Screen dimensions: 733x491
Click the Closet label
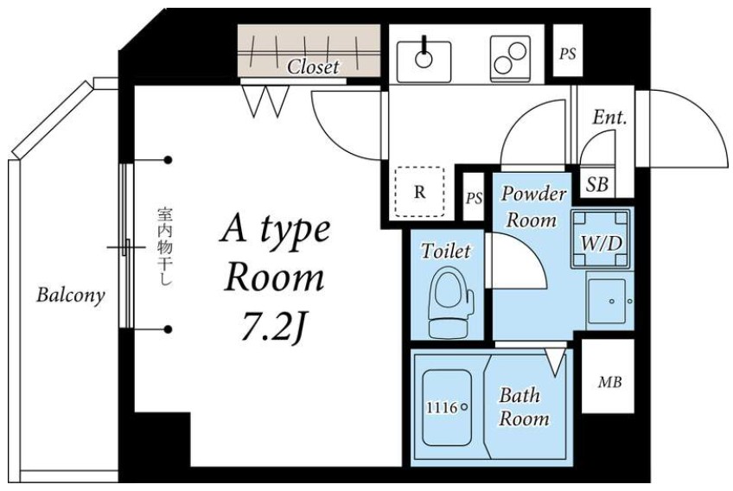tap(313, 67)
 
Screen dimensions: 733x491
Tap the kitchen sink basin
tap(424, 61)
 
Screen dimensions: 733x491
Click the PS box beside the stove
tap(568, 50)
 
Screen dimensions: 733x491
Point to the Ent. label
tap(609, 117)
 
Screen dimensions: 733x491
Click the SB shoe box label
tap(597, 185)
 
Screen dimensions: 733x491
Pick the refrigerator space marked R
tap(420, 192)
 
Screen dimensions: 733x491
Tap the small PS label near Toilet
tap(474, 198)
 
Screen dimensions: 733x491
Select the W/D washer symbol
tap(601, 239)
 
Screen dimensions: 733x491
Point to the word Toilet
tap(445, 251)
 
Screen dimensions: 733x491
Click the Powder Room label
tap(533, 207)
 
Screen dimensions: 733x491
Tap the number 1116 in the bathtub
tap(442, 408)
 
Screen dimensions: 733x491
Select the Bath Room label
tap(524, 407)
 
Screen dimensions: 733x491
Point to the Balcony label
tap(71, 296)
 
